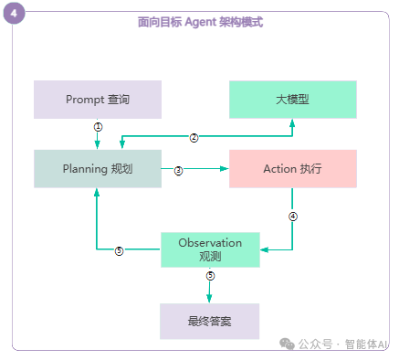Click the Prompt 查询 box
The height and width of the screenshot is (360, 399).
pos(98,100)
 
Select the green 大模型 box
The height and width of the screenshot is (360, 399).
pos(292,100)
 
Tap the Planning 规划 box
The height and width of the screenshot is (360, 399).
pos(98,169)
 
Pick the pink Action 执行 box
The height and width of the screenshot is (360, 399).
pos(292,169)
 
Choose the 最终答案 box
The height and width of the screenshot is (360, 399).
pos(209,321)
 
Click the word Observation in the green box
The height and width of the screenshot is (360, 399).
pos(210,243)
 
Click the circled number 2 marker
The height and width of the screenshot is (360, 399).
pos(194,137)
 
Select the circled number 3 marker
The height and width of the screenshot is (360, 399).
pos(178,170)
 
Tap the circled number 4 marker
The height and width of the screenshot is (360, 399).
pos(292,217)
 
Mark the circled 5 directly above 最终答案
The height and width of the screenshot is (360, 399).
pos(209,275)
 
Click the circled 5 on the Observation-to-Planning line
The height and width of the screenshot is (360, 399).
pos(119,250)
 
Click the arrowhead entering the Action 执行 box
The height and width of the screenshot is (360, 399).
pos(224,169)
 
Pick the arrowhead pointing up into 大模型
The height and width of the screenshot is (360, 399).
pos(292,122)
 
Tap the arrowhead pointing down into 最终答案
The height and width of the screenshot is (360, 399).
pos(209,299)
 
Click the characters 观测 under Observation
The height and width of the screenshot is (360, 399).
pos(210,257)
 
